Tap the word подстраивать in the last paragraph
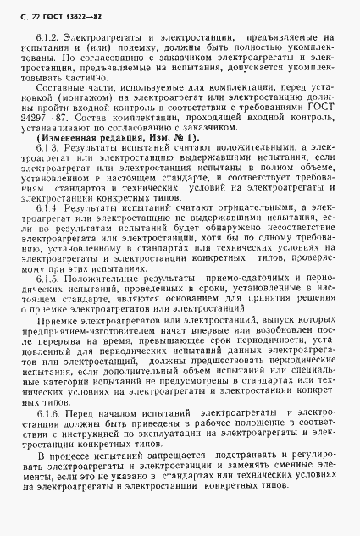point(235,481)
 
